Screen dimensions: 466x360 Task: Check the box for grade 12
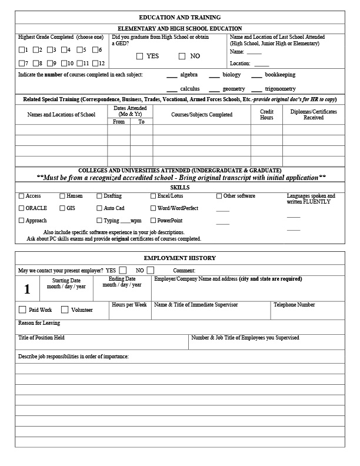click(x=95, y=63)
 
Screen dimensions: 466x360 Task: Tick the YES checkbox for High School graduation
click(x=139, y=56)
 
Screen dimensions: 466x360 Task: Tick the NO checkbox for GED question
click(x=182, y=56)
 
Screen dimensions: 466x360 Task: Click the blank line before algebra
click(x=172, y=75)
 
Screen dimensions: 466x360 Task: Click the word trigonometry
click(x=280, y=89)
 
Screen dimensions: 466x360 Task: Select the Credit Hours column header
click(x=266, y=114)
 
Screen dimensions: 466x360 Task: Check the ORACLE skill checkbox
click(x=22, y=208)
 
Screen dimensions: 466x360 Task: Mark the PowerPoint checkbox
click(x=154, y=221)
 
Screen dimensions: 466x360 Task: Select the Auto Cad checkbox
click(x=100, y=208)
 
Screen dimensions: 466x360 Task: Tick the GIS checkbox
click(x=62, y=208)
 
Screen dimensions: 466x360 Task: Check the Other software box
click(x=219, y=196)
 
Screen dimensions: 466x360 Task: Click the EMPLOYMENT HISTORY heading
click(x=179, y=258)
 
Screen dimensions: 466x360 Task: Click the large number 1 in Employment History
click(x=27, y=289)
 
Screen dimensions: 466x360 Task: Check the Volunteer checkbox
click(x=65, y=309)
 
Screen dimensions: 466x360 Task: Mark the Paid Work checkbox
click(x=22, y=309)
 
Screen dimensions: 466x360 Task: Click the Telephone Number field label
click(x=294, y=305)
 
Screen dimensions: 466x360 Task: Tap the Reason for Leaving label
click(x=39, y=323)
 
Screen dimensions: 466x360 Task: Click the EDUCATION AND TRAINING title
click(x=179, y=18)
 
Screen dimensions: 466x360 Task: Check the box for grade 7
click(x=22, y=63)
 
